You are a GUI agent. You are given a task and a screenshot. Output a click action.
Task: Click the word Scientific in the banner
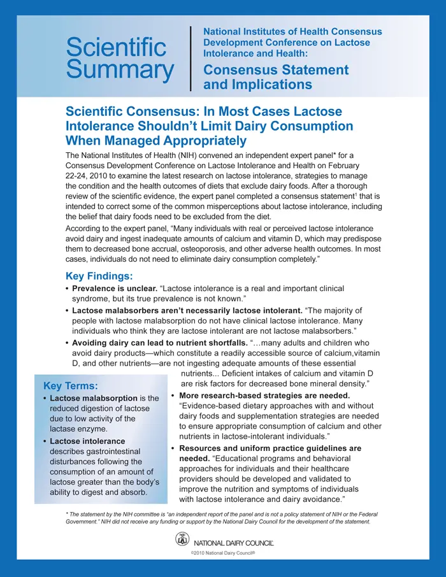[x=116, y=47]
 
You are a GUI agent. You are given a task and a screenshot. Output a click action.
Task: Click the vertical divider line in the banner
[x=191, y=59]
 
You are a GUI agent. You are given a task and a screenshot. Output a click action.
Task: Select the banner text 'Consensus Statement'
[x=276, y=69]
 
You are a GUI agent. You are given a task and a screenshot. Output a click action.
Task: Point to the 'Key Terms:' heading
[x=71, y=386]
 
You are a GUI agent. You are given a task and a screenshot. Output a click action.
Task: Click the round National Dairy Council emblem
[x=183, y=540]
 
